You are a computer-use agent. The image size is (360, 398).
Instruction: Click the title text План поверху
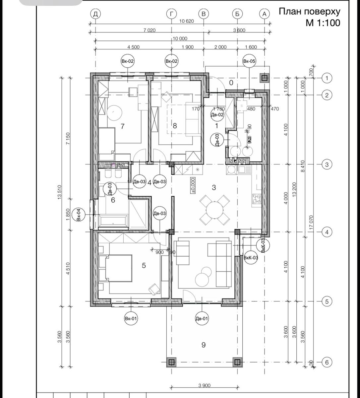tap(309, 12)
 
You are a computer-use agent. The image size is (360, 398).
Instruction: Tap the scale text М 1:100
tap(323, 23)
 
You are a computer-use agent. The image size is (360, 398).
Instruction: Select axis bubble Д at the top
tap(95, 14)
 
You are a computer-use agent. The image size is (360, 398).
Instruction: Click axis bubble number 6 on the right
tap(327, 363)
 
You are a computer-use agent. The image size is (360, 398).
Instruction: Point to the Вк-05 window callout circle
tap(249, 61)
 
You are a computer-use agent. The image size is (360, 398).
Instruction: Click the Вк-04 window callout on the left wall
tap(79, 215)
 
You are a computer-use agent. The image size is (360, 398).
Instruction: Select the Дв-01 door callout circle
tap(202, 319)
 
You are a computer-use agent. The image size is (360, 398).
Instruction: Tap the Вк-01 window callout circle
tap(131, 319)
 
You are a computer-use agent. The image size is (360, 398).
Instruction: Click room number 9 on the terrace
tap(204, 345)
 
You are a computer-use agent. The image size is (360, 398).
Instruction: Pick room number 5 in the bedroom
tap(144, 265)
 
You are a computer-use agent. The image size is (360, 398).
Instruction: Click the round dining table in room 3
tap(214, 210)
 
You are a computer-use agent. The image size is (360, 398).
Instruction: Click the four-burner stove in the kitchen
tap(257, 199)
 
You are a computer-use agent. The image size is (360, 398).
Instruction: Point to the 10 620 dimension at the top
tap(187, 21)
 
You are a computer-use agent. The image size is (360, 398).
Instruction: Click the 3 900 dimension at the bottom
tap(204, 385)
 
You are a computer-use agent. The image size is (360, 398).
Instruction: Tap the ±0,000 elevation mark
tap(193, 185)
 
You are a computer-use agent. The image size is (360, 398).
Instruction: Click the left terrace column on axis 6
tap(171, 362)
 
